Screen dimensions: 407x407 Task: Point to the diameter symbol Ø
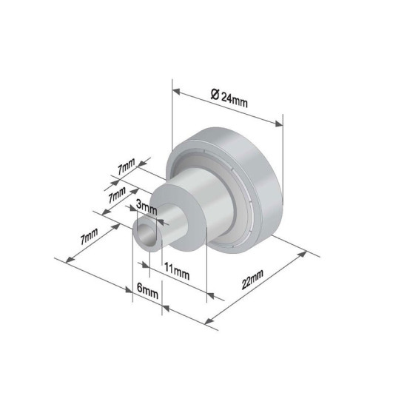pos(214,93)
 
